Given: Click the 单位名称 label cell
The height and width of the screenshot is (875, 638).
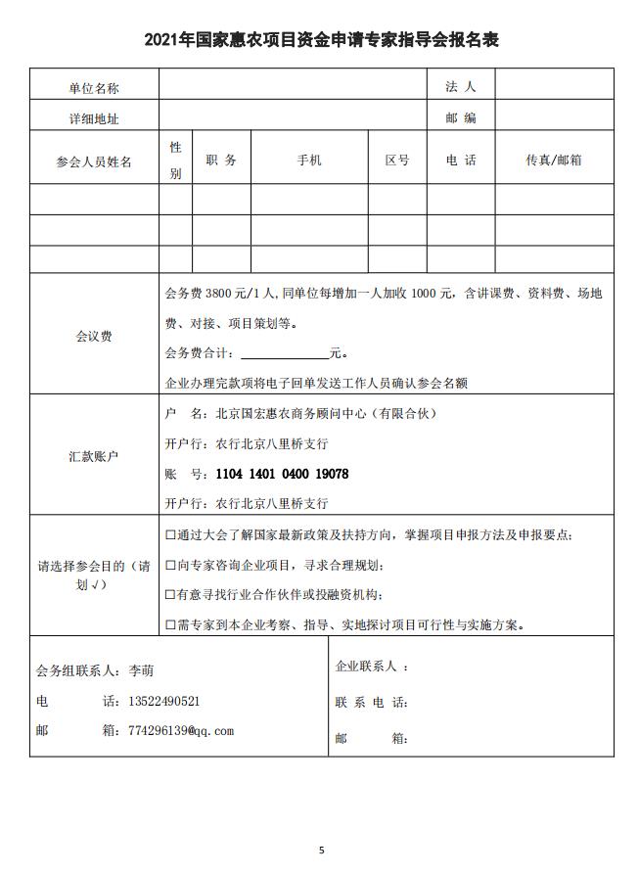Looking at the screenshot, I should pos(94,88).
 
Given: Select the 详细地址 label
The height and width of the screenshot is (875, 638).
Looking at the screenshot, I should pos(94,118).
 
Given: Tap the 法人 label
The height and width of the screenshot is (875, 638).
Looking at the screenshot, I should pos(460,87).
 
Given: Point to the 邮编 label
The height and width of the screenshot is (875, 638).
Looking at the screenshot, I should pos(460,118).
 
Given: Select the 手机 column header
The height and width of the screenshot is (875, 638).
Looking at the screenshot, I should pos(309,161).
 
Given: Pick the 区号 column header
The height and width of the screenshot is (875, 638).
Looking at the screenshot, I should pos(396,161).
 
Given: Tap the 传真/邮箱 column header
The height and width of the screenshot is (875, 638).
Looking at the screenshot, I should pos(554,161).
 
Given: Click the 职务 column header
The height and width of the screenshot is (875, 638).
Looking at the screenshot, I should pos(221,161).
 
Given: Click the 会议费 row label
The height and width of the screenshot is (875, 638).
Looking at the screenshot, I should pos(94,336).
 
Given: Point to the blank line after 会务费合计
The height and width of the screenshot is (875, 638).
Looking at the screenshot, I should pos(284,353).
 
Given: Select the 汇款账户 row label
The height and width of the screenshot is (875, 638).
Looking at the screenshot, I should pos(94,456).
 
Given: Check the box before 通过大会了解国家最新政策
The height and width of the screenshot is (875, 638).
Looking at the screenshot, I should pos(170,534).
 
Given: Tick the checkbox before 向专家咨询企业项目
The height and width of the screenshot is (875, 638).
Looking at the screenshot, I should pos(170,565).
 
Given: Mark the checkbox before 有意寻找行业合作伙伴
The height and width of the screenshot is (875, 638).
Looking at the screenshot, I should pos(170,594).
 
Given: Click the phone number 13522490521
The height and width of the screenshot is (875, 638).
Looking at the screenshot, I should pos(164,702).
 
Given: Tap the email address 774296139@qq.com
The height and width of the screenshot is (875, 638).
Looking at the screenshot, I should pos(181,731).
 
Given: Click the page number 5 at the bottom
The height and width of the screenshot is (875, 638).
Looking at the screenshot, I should pos(321,850).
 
